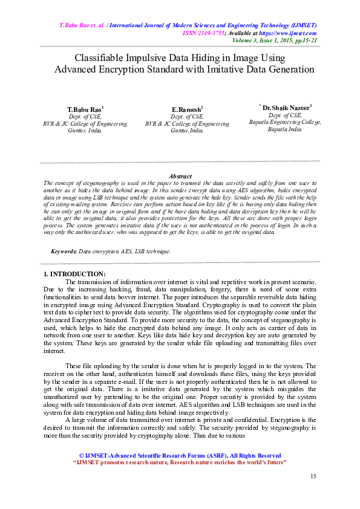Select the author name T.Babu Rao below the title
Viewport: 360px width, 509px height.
pyautogui.click(x=84, y=109)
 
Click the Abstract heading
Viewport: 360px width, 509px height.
pyautogui.click(x=180, y=176)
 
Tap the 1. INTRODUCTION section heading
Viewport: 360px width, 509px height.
pyautogui.click(x=75, y=274)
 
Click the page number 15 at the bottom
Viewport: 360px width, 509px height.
pyautogui.click(x=313, y=476)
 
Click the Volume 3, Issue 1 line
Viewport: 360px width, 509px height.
pyautogui.click(x=275, y=40)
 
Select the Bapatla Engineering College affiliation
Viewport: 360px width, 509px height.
pyautogui.click(x=285, y=122)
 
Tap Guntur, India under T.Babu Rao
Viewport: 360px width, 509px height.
pyautogui.click(x=85, y=130)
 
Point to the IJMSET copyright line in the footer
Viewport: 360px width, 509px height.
pyautogui.click(x=180, y=455)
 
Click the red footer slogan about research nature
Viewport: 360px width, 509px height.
pyautogui.click(x=180, y=462)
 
